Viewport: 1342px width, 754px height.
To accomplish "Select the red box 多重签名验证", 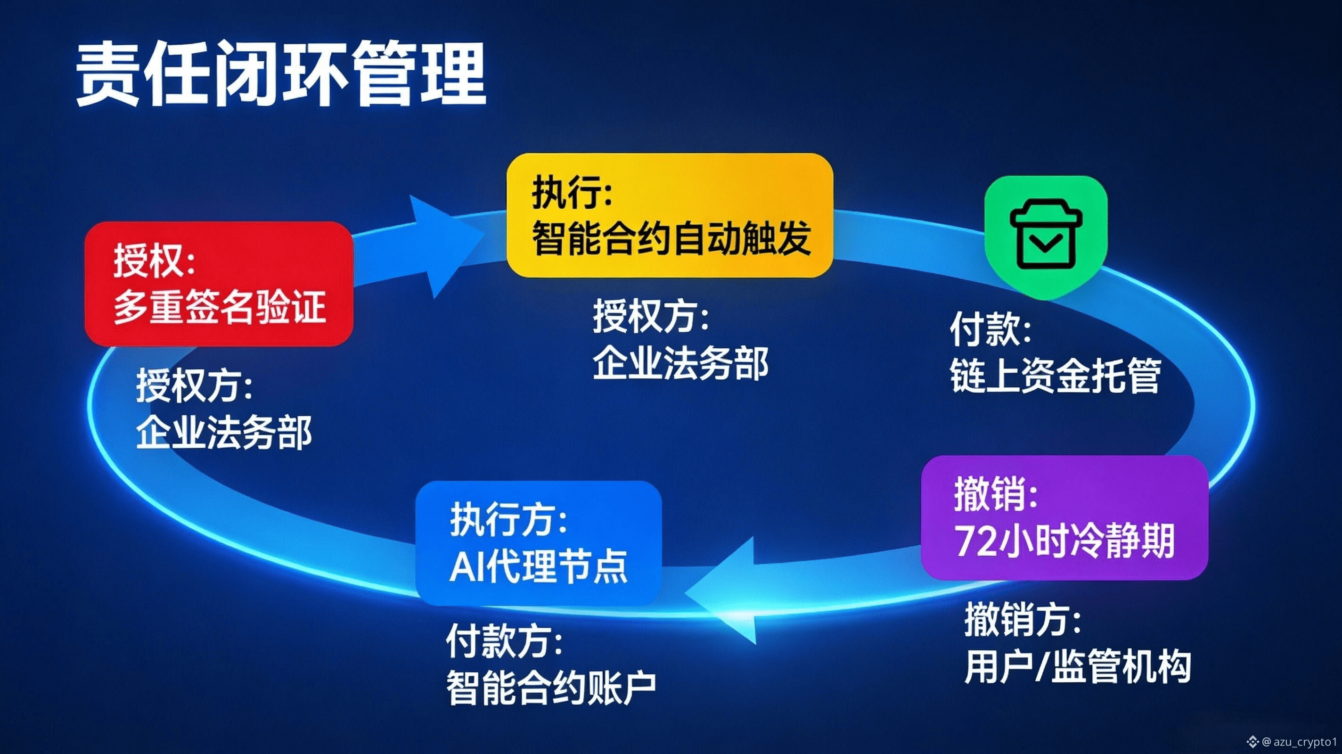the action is point(219,284).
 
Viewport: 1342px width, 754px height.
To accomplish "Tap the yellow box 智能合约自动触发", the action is point(670,215).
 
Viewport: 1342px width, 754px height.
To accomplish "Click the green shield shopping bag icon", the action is point(1046,238).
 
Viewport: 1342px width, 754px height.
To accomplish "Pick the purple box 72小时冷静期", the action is point(1064,517).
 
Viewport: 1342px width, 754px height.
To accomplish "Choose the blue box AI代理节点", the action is point(539,543).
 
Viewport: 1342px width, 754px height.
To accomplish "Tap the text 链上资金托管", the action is point(1056,375).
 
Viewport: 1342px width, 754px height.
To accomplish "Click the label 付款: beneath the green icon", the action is point(990,330).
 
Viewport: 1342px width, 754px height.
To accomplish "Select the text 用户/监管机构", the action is point(1077,666).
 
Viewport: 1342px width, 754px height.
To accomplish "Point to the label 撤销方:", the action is point(1023,620).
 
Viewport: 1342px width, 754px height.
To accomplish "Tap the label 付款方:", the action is point(504,641).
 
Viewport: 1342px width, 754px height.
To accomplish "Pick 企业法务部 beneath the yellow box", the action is point(681,364).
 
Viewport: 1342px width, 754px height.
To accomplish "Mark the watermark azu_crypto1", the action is point(1306,741).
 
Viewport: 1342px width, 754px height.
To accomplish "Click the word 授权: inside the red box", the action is point(154,261).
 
